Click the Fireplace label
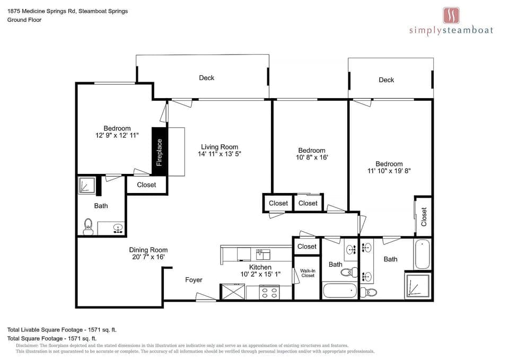(160, 152)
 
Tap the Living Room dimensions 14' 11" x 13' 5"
(220, 154)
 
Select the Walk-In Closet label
(308, 273)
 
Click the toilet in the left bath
(88, 226)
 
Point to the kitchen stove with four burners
(269, 292)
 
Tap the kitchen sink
(262, 254)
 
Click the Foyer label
(194, 280)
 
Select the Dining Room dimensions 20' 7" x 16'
(148, 257)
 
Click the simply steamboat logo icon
(451, 15)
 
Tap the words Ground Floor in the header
(24, 20)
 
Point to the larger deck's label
(206, 78)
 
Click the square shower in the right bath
(418, 285)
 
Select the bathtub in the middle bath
(340, 291)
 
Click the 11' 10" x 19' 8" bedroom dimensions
(389, 171)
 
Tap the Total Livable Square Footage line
(62, 330)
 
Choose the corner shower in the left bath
(86, 186)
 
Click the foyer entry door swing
(206, 297)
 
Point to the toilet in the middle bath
(349, 272)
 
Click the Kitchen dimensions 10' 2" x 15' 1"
(260, 274)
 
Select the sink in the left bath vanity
(118, 228)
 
